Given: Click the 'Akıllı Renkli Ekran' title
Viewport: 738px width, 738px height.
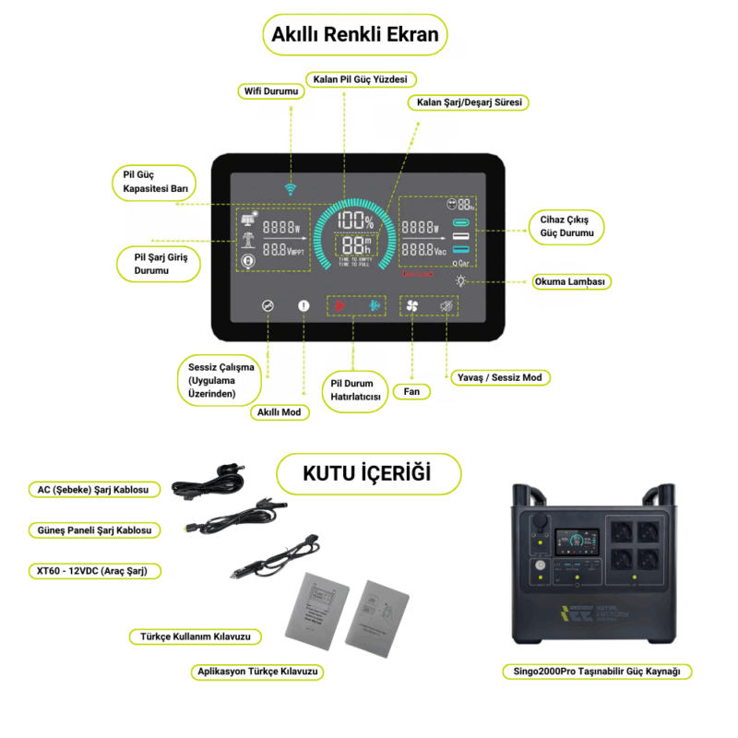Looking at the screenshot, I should pyautogui.click(x=356, y=36).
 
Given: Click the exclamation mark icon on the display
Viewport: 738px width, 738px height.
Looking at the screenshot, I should pyautogui.click(x=304, y=306).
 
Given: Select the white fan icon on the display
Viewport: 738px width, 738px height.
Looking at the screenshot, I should pyautogui.click(x=411, y=306).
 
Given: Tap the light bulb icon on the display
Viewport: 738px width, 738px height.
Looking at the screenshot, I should pyautogui.click(x=460, y=280).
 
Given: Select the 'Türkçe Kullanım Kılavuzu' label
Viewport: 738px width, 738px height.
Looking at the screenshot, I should pyautogui.click(x=196, y=637).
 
